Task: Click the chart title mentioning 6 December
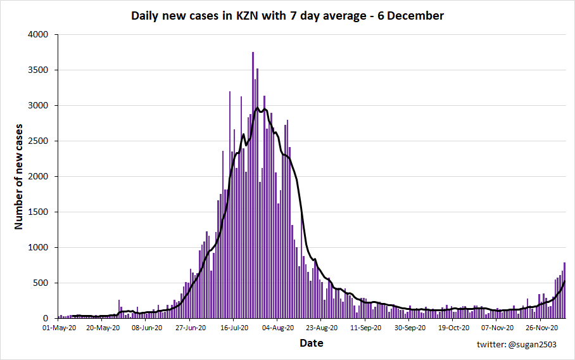[x=287, y=16]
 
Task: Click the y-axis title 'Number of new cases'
[x=18, y=177]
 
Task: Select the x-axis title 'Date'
[x=311, y=343]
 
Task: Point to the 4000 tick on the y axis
[x=39, y=35]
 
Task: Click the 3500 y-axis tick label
[x=39, y=70]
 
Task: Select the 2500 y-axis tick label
[x=39, y=141]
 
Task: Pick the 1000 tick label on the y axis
[x=39, y=248]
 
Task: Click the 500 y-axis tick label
[x=41, y=283]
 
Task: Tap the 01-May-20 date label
[x=59, y=328]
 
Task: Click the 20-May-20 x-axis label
[x=103, y=328]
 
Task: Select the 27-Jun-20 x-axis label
[x=191, y=328]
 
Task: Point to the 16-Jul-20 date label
[x=234, y=328]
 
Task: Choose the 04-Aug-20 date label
[x=278, y=328]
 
